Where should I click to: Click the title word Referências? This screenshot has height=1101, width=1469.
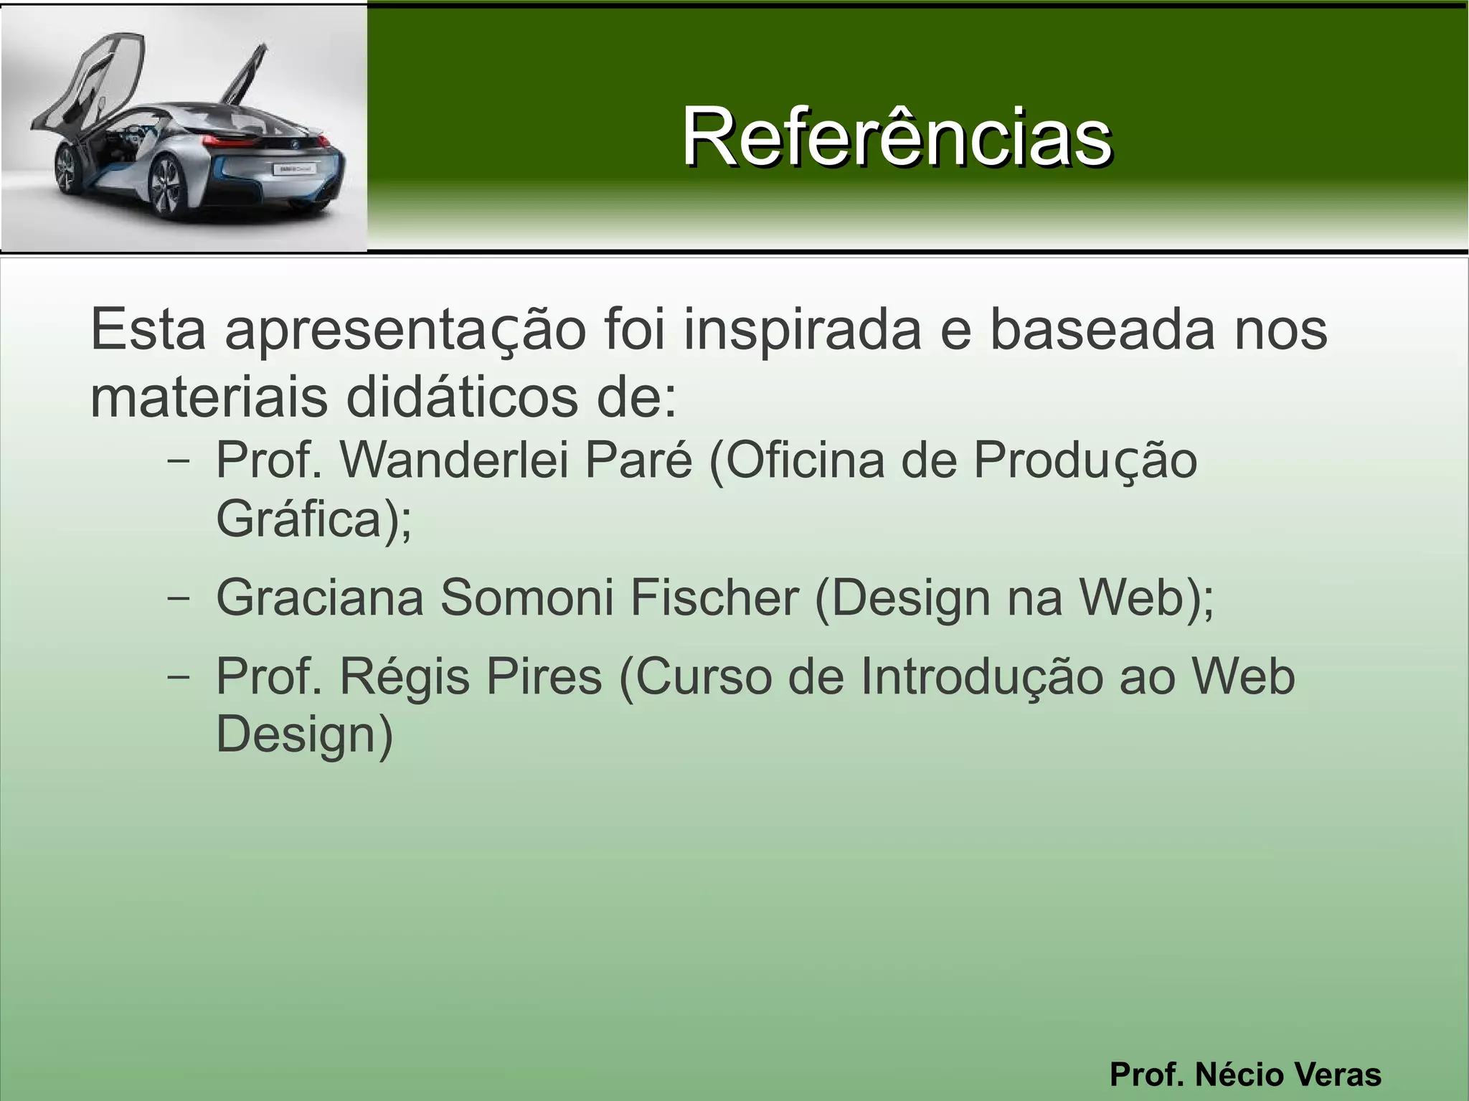tap(897, 136)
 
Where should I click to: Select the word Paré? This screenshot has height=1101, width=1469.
tap(639, 460)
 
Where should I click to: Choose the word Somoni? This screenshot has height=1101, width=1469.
tap(526, 597)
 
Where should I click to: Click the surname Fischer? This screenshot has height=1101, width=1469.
tap(714, 597)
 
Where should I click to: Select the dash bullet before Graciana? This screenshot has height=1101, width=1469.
tap(178, 597)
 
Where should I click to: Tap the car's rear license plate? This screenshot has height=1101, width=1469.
tap(294, 169)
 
